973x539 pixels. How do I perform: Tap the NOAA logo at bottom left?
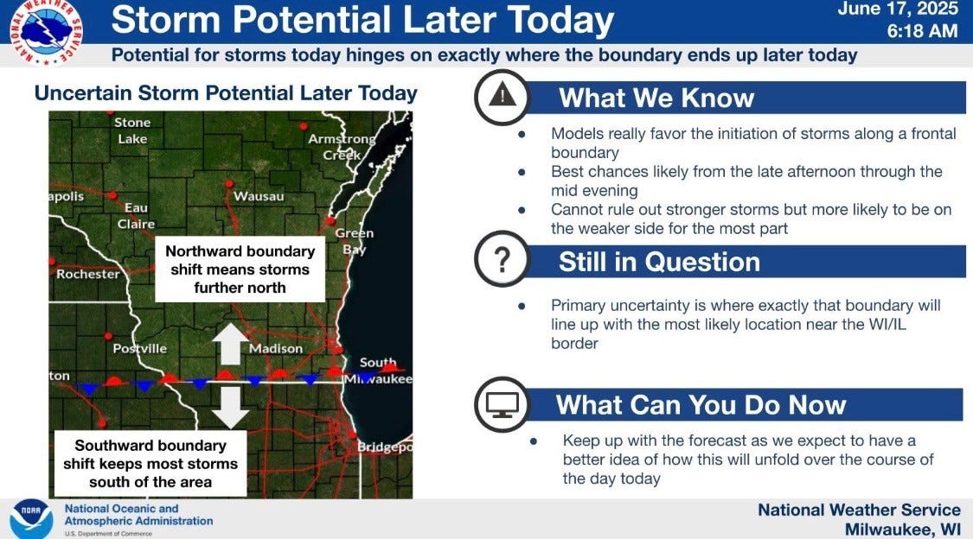(x=31, y=518)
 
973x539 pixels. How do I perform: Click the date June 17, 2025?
(x=898, y=10)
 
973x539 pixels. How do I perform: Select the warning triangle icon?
(x=502, y=97)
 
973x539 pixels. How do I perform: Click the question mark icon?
(x=502, y=260)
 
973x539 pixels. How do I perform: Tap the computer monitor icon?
(x=503, y=403)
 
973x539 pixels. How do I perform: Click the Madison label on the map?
(x=276, y=349)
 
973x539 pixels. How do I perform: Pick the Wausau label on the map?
(x=259, y=197)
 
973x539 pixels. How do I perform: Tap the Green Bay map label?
(x=355, y=241)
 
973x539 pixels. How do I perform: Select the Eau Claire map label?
(x=136, y=215)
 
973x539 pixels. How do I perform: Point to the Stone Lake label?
(x=132, y=130)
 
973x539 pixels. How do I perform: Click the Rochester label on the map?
(x=88, y=274)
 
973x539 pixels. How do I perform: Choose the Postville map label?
(x=140, y=349)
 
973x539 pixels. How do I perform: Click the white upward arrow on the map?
(x=230, y=344)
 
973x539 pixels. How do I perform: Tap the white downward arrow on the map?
(x=230, y=407)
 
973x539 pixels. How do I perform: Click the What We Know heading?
(x=656, y=98)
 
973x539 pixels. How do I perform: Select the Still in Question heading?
(x=659, y=262)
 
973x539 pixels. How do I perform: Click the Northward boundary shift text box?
(x=240, y=269)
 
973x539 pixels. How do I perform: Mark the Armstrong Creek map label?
(x=342, y=147)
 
